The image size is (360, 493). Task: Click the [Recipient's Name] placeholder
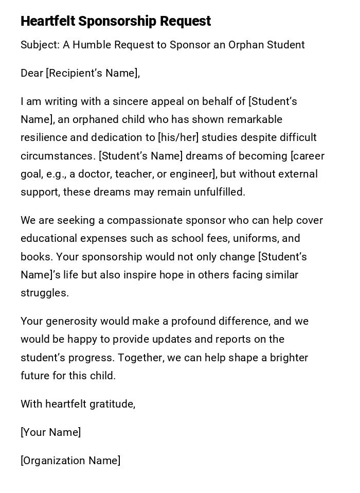pyautogui.click(x=93, y=73)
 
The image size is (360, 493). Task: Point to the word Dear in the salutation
pyautogui.click(x=32, y=73)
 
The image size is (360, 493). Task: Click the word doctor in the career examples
pyautogui.click(x=95, y=174)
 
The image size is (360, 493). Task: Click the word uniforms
pyautogui.click(x=256, y=238)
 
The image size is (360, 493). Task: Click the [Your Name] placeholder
pyautogui.click(x=51, y=432)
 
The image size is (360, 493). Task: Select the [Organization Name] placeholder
pyautogui.click(x=70, y=461)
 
